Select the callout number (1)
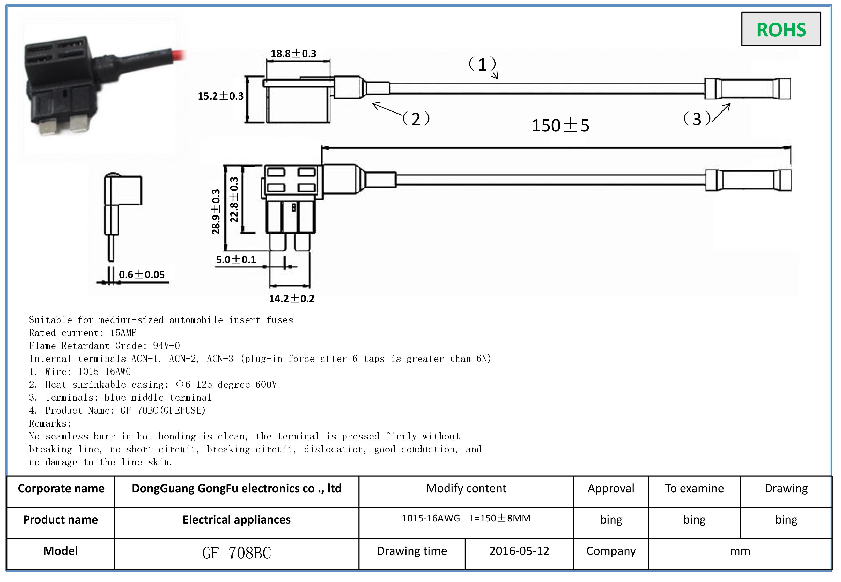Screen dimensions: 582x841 pos(482,65)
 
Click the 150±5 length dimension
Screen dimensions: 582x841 pos(560,125)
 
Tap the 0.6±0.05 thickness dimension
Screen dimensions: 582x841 pos(142,275)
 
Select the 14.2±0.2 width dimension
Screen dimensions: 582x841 pos(291,299)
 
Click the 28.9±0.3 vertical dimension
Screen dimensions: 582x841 pos(216,212)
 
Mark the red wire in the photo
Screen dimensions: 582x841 pos(179,55)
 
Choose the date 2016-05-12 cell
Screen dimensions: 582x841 pos(519,551)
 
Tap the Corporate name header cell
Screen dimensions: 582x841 pos(61,488)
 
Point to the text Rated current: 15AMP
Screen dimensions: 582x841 pos(83,333)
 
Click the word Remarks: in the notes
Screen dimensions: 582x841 pos(50,423)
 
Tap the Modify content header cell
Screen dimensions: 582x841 pos(466,488)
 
